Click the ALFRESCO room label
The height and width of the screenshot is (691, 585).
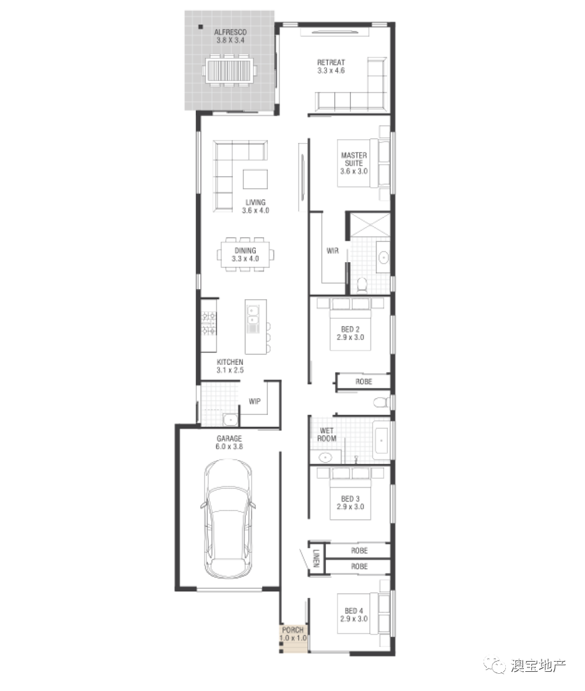(x=230, y=32)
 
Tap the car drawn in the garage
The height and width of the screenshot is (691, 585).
(x=228, y=519)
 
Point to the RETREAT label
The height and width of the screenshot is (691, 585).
(x=331, y=63)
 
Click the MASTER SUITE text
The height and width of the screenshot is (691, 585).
(x=353, y=159)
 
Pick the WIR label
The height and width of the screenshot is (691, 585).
(x=332, y=251)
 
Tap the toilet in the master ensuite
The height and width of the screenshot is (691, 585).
(x=362, y=285)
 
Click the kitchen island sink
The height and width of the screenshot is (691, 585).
(x=253, y=314)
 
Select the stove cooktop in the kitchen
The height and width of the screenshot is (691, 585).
(x=209, y=323)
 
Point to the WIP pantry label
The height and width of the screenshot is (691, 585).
(x=255, y=401)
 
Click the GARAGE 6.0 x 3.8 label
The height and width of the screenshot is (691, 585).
(x=229, y=442)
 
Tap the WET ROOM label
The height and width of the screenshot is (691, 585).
(x=327, y=435)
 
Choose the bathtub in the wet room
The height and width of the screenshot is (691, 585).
(x=381, y=441)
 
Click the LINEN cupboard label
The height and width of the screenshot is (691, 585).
(x=316, y=559)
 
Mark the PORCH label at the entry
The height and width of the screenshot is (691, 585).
(x=292, y=630)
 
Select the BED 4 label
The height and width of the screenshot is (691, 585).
(x=353, y=611)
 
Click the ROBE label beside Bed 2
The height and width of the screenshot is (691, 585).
(x=364, y=382)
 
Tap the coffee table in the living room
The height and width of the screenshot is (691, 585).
(x=255, y=179)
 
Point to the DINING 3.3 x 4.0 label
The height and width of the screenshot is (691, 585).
(x=246, y=255)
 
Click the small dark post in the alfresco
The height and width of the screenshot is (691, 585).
(x=200, y=27)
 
